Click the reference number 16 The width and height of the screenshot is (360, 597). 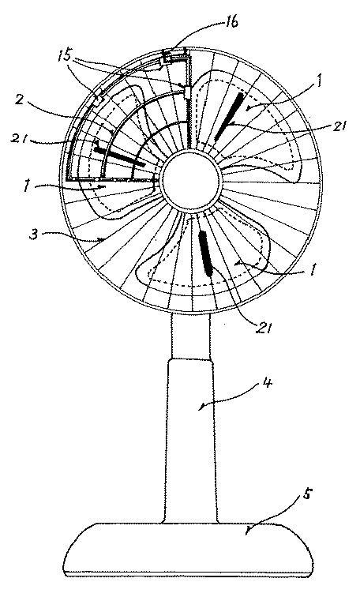(231, 22)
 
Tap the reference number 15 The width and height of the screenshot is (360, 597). (65, 57)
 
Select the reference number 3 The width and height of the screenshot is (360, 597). (35, 235)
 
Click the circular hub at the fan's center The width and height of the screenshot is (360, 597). (191, 182)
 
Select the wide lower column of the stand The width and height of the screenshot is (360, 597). (190, 441)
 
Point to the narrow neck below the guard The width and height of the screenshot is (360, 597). (190, 336)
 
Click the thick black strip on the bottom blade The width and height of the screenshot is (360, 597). (205, 253)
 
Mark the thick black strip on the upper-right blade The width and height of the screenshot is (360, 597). (229, 117)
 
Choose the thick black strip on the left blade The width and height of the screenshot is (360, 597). (120, 156)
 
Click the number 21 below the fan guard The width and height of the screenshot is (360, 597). (263, 327)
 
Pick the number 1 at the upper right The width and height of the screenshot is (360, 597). (319, 81)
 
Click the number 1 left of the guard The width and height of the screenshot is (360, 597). (27, 187)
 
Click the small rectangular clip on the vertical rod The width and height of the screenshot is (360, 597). (188, 92)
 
